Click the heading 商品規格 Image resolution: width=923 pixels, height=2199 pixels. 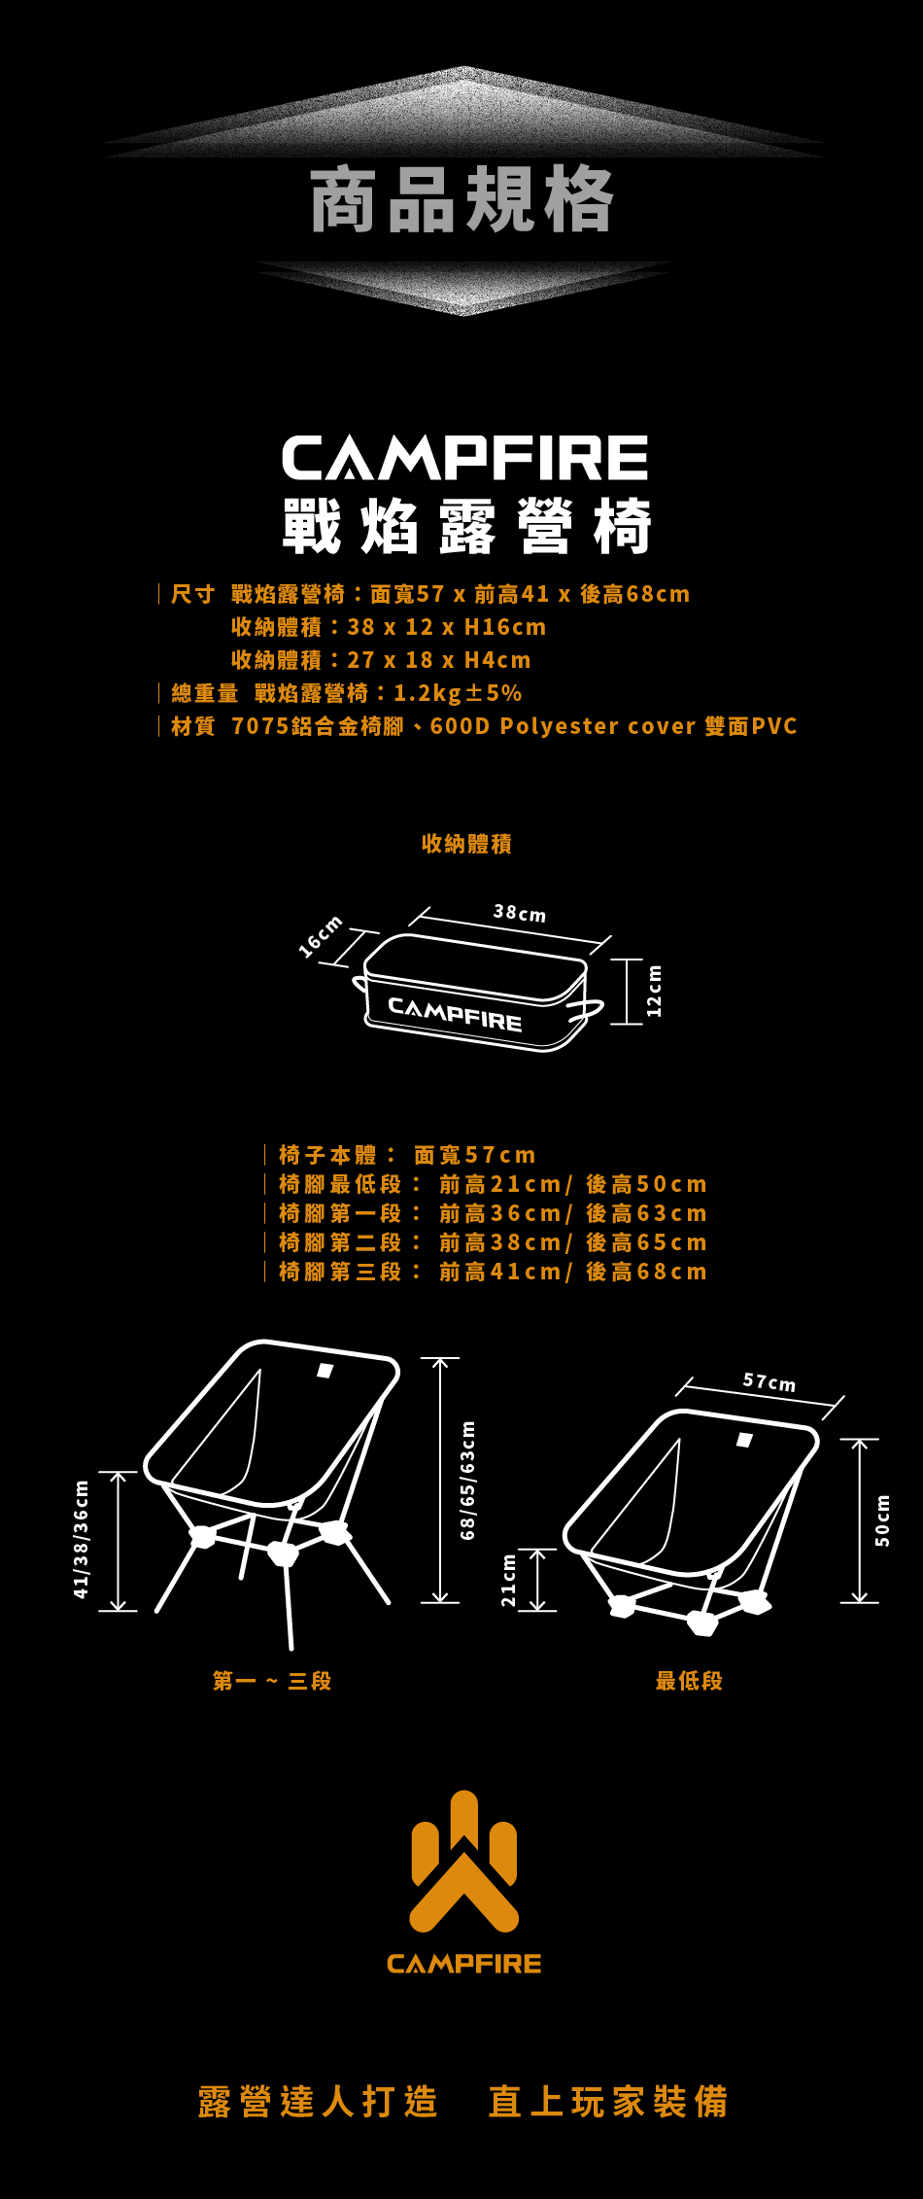tap(461, 200)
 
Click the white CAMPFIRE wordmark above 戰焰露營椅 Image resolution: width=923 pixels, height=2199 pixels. tap(464, 458)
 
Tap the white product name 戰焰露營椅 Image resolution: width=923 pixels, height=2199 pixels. tap(466, 526)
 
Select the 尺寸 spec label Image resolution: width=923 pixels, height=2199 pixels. tap(192, 594)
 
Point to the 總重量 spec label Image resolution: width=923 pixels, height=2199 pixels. tap(204, 693)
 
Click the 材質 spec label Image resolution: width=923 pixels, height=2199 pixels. tap(192, 726)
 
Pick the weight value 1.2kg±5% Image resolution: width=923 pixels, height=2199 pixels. tap(458, 693)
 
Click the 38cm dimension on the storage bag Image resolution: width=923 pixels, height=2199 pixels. tap(520, 913)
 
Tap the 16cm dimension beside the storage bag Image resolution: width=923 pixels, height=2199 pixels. tap(321, 936)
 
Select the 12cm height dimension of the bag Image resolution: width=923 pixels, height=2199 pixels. tap(654, 991)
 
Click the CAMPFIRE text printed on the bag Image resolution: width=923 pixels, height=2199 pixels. tap(455, 1013)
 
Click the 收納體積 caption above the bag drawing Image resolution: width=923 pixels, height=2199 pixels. tap(466, 844)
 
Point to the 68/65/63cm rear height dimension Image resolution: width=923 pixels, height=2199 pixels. tap(468, 1480)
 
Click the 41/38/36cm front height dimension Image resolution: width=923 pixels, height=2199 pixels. tap(82, 1539)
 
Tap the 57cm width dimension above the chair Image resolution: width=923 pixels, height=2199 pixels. tap(769, 1381)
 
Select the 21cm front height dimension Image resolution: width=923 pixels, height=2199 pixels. tap(508, 1580)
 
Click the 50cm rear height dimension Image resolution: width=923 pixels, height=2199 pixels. tap(882, 1520)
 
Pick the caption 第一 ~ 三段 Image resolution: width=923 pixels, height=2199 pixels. tap(272, 1681)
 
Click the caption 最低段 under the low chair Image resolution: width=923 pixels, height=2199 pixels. tap(689, 1681)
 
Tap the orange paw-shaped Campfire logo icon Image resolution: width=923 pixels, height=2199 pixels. tap(464, 1861)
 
